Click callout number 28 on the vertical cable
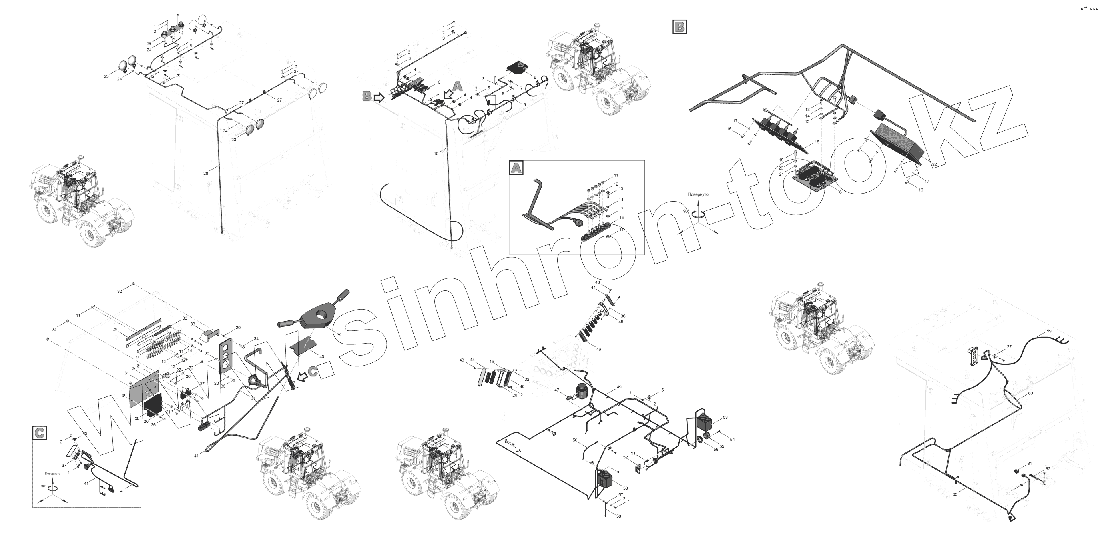[x=206, y=174]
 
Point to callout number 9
[x=535, y=77]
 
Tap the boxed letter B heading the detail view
[x=680, y=27]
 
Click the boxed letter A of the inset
[x=516, y=168]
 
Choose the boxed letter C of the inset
[x=39, y=433]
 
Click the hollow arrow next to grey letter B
[x=379, y=98]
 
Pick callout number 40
[x=321, y=356]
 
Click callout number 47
[x=556, y=390]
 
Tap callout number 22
[x=934, y=164]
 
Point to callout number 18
[x=817, y=142]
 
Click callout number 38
[x=137, y=418]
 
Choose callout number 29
[x=115, y=329]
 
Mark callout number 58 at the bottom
[x=619, y=516]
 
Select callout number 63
[x=1008, y=493]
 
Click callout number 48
[x=518, y=451]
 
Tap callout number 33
[x=193, y=324]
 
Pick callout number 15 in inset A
[x=621, y=218]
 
